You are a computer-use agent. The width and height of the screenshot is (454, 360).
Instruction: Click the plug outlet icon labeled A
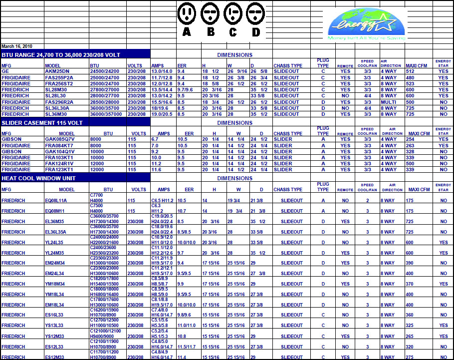coord(187,13)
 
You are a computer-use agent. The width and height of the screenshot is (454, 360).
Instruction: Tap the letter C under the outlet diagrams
coord(233,32)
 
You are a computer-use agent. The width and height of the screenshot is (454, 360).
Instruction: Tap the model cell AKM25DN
coord(56,71)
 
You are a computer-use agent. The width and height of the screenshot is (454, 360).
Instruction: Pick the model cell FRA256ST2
coord(58,83)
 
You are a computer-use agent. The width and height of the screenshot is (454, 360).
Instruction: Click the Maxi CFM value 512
coord(410,71)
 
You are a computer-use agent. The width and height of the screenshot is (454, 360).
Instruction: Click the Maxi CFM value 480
coord(410,77)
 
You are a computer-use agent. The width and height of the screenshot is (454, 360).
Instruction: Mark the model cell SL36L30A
coord(57,108)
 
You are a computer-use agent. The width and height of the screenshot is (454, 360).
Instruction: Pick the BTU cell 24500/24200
coord(104,71)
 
